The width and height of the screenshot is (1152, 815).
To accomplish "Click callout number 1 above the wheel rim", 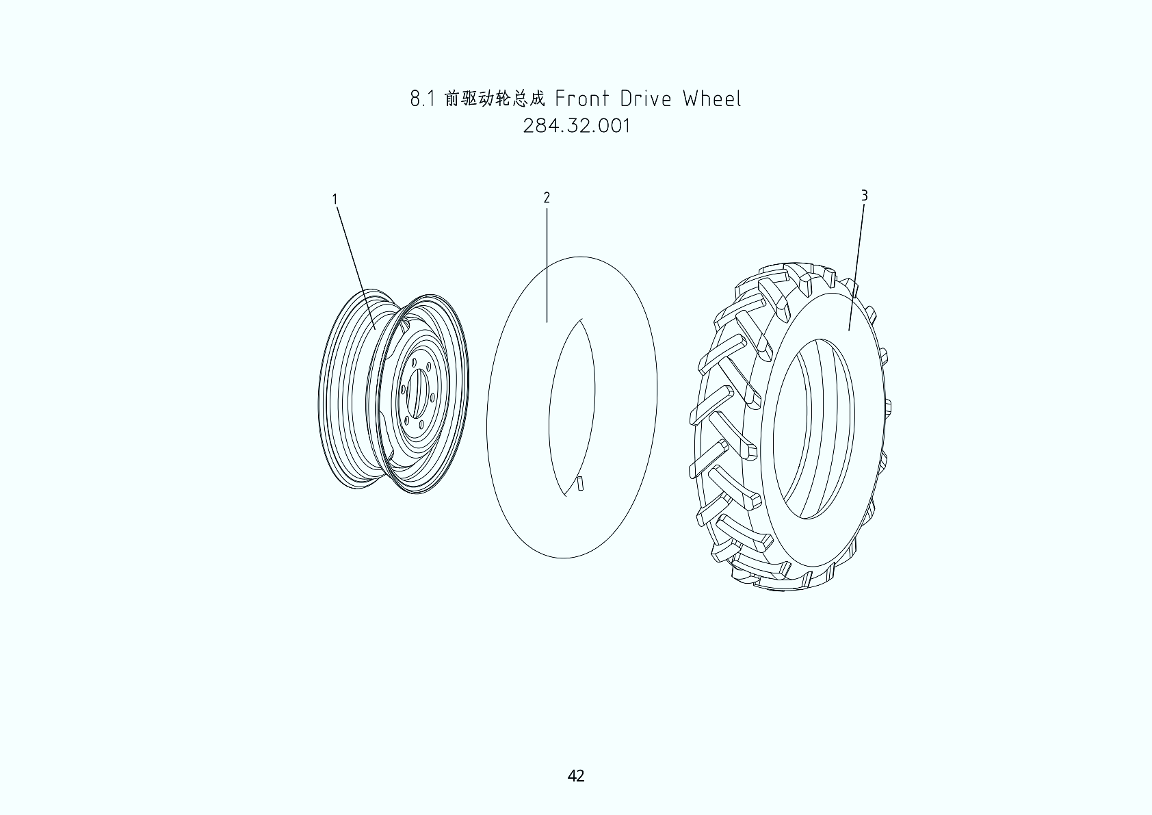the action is tap(335, 198).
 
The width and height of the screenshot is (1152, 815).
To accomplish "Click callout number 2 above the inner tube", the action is tap(547, 198).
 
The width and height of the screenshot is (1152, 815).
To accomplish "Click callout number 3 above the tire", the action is tap(865, 196).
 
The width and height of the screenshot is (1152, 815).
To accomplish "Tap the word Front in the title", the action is tap(581, 99).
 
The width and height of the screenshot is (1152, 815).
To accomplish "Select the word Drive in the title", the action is tap(646, 99).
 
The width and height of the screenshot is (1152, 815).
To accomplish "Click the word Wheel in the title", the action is tap(712, 99).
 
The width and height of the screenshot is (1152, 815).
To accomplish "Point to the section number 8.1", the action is tap(423, 99).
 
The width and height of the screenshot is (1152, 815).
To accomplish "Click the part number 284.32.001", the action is tap(576, 126).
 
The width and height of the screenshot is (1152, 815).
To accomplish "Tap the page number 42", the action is tap(576, 775).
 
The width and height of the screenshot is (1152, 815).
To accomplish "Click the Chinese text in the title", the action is tap(495, 98).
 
